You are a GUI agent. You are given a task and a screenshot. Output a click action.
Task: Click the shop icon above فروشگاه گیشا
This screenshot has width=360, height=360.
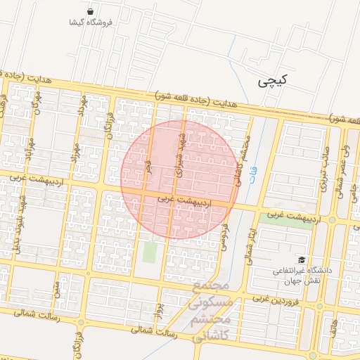click(x=91, y=11)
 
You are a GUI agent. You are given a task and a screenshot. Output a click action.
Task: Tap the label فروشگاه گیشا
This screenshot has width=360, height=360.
click(x=91, y=22)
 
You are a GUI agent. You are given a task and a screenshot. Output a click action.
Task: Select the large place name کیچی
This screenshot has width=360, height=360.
click(x=272, y=82)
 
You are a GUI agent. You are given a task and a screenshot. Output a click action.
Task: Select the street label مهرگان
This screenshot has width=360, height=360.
click(x=32, y=105)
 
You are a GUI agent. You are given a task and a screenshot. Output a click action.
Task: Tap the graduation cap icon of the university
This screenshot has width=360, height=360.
click(x=302, y=260)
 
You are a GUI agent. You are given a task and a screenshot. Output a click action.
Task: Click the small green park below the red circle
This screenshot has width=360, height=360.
click(x=149, y=251)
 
